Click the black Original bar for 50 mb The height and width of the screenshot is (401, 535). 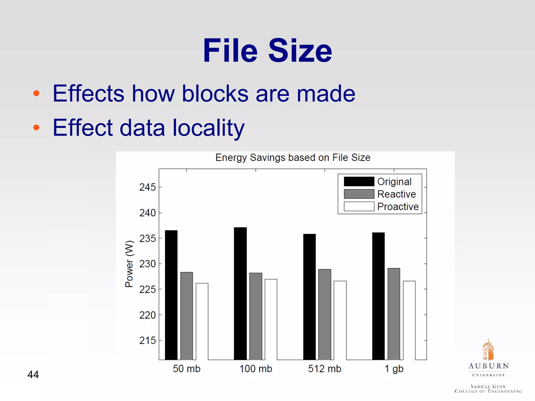click(171, 295)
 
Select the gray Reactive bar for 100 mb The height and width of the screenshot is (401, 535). click(255, 316)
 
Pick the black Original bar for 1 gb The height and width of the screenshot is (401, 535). click(378, 296)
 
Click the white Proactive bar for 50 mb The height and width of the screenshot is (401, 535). click(202, 321)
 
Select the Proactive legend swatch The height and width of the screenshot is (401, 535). click(359, 206)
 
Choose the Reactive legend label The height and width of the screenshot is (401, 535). click(396, 194)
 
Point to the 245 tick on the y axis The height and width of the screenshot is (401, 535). click(147, 187)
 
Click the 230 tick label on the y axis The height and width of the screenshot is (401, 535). click(147, 264)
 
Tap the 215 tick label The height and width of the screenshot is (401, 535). click(147, 340)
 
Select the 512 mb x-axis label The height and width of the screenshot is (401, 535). click(324, 369)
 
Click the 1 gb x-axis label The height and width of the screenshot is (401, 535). click(394, 369)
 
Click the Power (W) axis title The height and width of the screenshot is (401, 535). click(129, 264)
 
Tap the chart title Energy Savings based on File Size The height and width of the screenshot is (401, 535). click(293, 158)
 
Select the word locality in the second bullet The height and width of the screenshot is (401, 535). click(208, 128)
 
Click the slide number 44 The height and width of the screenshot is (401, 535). click(33, 374)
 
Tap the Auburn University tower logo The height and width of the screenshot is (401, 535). click(488, 350)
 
